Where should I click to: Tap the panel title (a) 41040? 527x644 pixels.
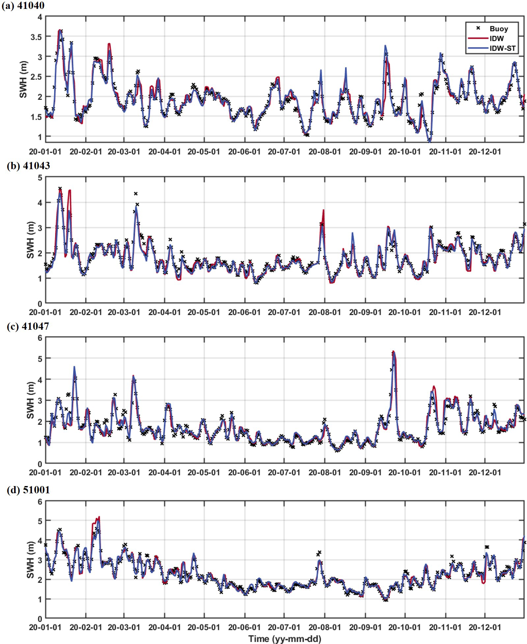coord(23,6)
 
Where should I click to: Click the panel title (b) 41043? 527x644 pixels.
coord(28,166)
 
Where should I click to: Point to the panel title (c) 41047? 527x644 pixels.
coord(28,326)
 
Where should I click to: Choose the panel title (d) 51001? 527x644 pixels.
coord(28,490)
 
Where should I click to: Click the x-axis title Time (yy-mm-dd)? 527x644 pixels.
coord(285,639)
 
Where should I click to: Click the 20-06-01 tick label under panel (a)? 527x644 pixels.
coord(244,152)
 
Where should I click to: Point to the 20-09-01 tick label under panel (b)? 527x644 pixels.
coord(365,312)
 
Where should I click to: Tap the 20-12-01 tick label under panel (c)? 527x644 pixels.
coord(485,473)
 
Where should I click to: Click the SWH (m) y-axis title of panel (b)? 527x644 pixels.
coord(30,240)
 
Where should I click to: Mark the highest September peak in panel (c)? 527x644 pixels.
coord(393,352)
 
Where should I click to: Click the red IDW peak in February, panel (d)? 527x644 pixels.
coord(98,517)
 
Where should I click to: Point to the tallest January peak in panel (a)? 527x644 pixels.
coord(60,30)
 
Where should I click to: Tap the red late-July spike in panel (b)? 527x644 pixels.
coord(324,210)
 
